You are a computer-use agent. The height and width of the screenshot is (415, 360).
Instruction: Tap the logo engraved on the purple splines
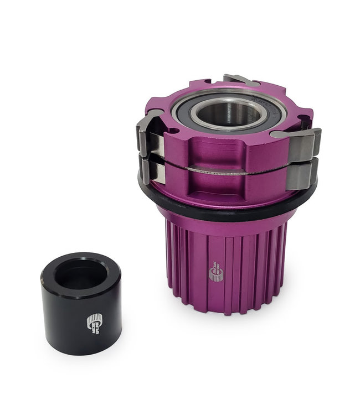coord(216,272)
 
